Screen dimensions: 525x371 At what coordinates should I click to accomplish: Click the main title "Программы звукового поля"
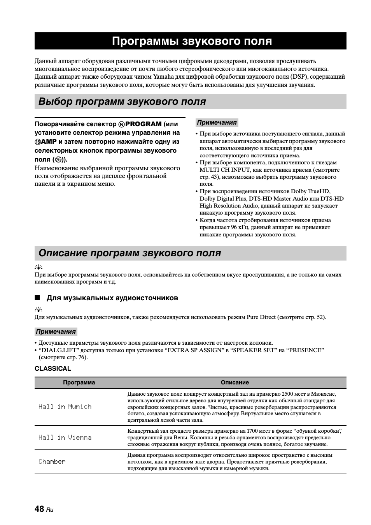click(x=192, y=41)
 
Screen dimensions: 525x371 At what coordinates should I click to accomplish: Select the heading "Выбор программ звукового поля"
click(x=122, y=102)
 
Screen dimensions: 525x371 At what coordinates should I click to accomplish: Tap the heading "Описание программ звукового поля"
click(x=129, y=253)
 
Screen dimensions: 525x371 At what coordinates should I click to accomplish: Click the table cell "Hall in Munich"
click(x=65, y=407)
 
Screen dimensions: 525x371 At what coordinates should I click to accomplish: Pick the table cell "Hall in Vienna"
click(x=65, y=437)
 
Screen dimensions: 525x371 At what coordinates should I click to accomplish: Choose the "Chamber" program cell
click(x=52, y=462)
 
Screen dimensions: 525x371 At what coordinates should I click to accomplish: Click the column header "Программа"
click(x=79, y=382)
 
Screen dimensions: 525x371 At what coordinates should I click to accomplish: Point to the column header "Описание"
click(x=234, y=382)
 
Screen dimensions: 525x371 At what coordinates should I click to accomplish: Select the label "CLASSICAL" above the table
click(x=53, y=368)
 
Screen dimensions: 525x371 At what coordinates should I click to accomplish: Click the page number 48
click(x=39, y=509)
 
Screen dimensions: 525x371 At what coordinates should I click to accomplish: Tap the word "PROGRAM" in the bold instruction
click(x=143, y=124)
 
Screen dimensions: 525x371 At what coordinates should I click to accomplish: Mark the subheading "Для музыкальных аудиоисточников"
click(x=112, y=298)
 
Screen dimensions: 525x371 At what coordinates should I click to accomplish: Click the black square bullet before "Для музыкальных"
click(x=37, y=298)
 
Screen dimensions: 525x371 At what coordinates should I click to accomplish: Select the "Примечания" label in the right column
click(x=217, y=123)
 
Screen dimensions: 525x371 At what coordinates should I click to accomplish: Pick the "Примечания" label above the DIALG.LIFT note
click(x=56, y=332)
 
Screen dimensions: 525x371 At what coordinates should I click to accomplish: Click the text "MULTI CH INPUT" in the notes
click(x=220, y=170)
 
